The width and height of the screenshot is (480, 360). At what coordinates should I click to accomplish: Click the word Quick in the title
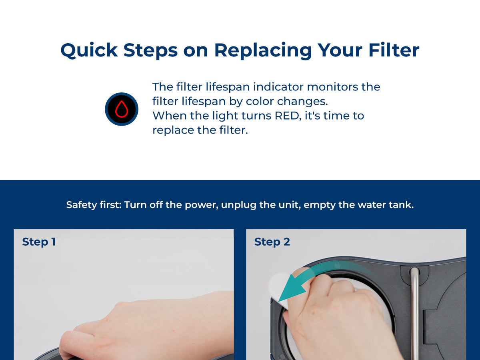point(89,50)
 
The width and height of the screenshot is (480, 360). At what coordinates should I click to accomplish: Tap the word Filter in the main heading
point(394,50)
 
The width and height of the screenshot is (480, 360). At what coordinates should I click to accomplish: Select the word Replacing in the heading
point(263,51)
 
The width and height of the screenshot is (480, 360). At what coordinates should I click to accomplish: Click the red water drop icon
point(122,109)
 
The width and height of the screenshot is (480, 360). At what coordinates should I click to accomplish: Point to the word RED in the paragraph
point(288,116)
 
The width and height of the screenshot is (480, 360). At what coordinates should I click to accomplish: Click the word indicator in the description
point(278,87)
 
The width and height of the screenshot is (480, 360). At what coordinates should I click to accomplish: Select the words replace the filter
point(200,130)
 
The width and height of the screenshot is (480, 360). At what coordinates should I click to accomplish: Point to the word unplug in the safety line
point(238,205)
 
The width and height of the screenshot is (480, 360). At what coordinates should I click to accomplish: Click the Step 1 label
point(39,242)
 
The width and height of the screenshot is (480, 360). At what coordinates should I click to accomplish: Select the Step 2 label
point(272,242)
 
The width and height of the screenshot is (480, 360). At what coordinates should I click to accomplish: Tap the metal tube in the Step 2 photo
point(415,312)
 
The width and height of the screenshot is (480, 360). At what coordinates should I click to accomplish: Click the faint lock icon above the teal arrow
point(337,265)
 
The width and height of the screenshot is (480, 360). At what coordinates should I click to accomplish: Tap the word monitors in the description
point(332,87)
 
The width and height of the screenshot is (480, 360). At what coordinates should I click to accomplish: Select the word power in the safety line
point(201,205)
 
